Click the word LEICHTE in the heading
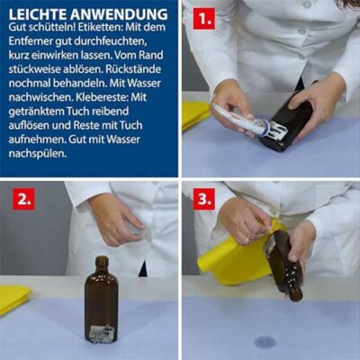(x=38, y=14)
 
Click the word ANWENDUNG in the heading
(x=119, y=14)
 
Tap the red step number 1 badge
(x=204, y=19)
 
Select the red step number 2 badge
(x=23, y=199)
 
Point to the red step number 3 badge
(x=204, y=199)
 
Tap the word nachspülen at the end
(x=38, y=154)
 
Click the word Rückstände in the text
(x=133, y=69)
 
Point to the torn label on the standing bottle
(x=102, y=333)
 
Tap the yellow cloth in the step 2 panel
(x=14, y=299)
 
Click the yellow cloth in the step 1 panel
(x=195, y=114)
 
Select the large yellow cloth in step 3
(x=236, y=258)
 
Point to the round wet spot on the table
(x=265, y=342)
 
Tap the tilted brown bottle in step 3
(x=282, y=264)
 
